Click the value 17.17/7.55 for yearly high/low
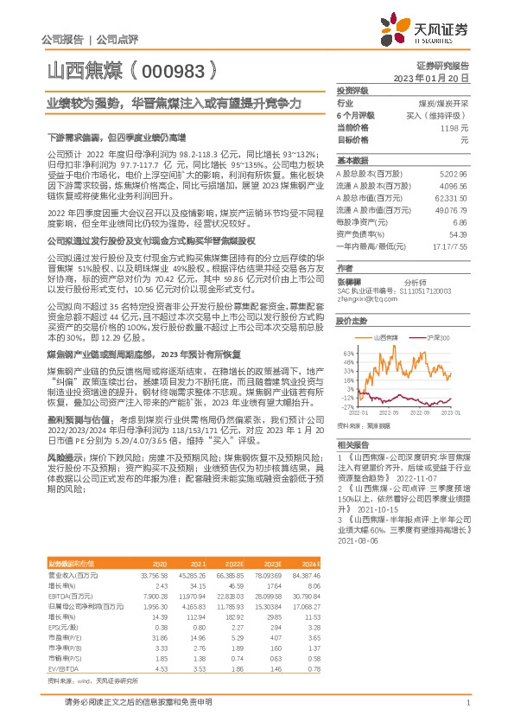[x=449, y=246]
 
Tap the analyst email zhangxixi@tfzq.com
[x=364, y=299]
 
